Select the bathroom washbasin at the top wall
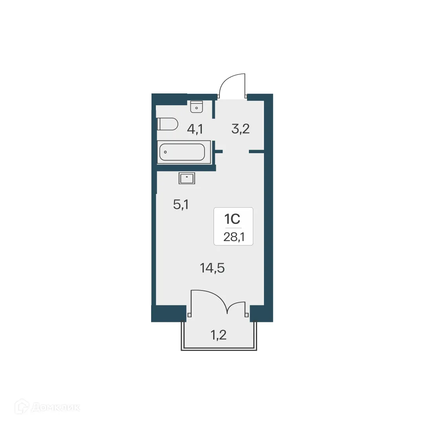(196, 106)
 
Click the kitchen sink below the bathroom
(187, 178)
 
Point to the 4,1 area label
(194, 129)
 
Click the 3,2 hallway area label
(240, 129)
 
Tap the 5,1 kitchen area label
(181, 205)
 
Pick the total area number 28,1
(233, 238)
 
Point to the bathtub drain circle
(165, 152)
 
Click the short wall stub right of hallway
(256, 151)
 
